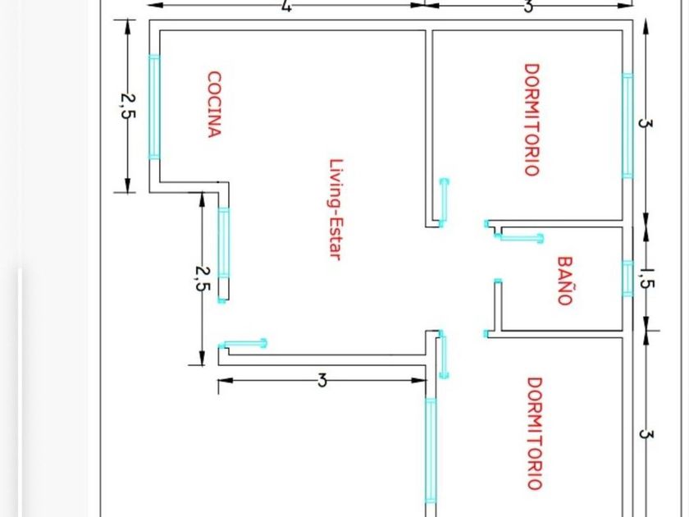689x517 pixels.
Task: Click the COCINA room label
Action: (x=214, y=104)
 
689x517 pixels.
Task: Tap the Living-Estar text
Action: (x=335, y=209)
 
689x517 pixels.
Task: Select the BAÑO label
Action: (x=564, y=281)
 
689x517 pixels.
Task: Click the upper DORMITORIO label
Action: (x=532, y=120)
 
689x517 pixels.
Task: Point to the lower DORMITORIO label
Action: (x=534, y=432)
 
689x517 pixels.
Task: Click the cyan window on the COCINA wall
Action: (x=153, y=106)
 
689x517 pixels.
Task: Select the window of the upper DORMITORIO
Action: (x=627, y=126)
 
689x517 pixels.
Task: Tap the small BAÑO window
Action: (x=627, y=277)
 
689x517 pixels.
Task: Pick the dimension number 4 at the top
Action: (x=285, y=7)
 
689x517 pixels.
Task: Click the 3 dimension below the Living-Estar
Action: (x=322, y=381)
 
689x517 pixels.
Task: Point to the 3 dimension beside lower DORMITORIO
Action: (x=646, y=433)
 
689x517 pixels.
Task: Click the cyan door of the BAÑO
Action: (x=520, y=238)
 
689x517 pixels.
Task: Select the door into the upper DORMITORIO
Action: (x=444, y=201)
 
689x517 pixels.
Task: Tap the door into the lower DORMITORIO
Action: (x=444, y=354)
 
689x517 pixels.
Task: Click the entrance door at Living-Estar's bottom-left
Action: (x=244, y=343)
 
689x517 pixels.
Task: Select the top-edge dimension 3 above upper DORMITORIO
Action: (x=529, y=7)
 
